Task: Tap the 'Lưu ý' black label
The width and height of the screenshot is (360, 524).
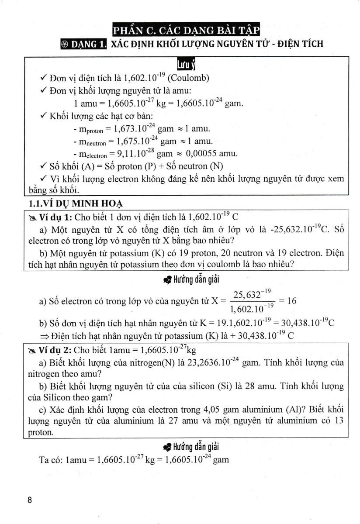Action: click(x=186, y=65)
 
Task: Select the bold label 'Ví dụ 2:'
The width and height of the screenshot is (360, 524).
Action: click(x=53, y=350)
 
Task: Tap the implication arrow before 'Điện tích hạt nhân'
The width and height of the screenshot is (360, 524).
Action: click(x=44, y=336)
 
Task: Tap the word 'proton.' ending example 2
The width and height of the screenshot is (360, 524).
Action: click(x=40, y=432)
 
